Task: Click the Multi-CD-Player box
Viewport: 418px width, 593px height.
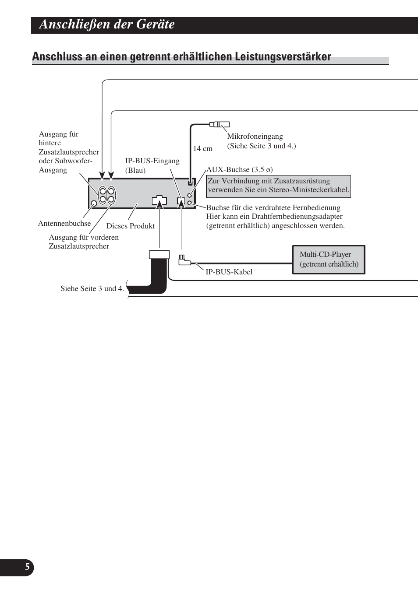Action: pyautogui.click(x=329, y=260)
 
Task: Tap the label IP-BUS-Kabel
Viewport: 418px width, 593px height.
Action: pyautogui.click(x=229, y=272)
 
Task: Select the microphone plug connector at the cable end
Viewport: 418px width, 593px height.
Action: pyautogui.click(x=219, y=124)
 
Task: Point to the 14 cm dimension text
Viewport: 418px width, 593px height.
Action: pyautogui.click(x=203, y=149)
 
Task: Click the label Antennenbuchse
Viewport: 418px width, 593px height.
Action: pyautogui.click(x=64, y=223)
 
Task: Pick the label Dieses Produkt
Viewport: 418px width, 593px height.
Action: pyautogui.click(x=131, y=226)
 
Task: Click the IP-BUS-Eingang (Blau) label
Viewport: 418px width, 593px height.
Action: pyautogui.click(x=152, y=165)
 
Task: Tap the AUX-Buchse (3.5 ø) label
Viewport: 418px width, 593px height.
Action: pyautogui.click(x=239, y=169)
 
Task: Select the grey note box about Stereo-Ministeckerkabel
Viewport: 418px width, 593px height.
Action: pyautogui.click(x=278, y=186)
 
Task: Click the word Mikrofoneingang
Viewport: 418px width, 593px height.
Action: pyautogui.click(x=255, y=137)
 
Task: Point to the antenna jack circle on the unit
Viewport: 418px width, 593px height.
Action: pyautogui.click(x=94, y=204)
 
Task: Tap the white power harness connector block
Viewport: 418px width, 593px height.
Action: pyautogui.click(x=159, y=255)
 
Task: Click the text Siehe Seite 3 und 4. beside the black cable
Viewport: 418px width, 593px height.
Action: pyautogui.click(x=92, y=288)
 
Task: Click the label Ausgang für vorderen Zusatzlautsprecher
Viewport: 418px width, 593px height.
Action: pyautogui.click(x=83, y=242)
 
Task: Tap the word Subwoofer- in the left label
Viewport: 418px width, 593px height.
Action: pyautogui.click(x=73, y=161)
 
